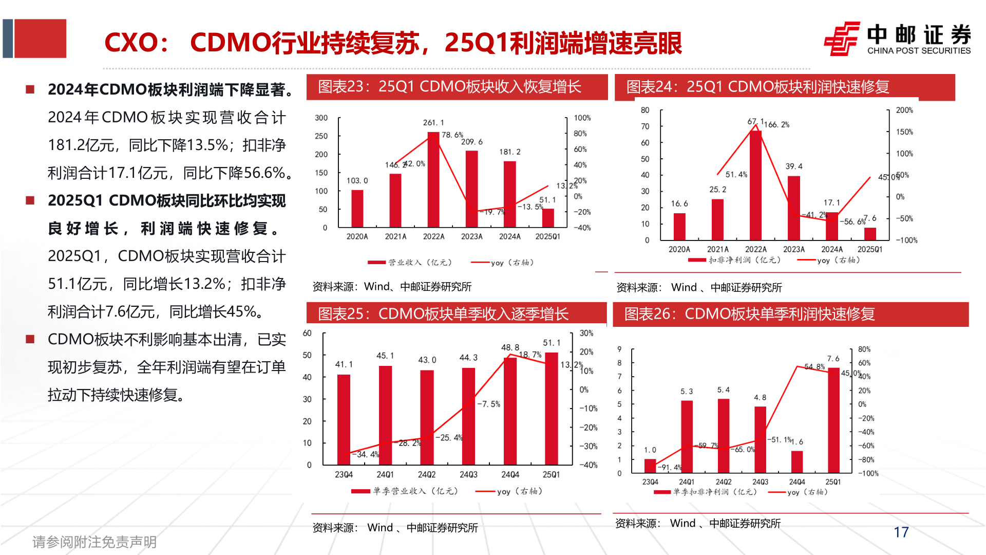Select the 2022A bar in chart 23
pyautogui.click(x=433, y=180)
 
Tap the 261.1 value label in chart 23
pyautogui.click(x=433, y=123)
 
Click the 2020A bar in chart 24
pyautogui.click(x=679, y=227)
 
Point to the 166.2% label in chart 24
pyautogui.click(x=776, y=125)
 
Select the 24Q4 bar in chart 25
pyautogui.click(x=510, y=411)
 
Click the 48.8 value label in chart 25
pyautogui.click(x=510, y=347)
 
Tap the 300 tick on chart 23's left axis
pyautogui.click(x=321, y=118)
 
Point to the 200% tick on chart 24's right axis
pyautogui.click(x=904, y=110)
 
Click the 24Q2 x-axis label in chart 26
pyautogui.click(x=724, y=482)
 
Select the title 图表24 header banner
pyautogui.click(x=784, y=87)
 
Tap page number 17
pyautogui.click(x=901, y=532)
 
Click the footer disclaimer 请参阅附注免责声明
pyautogui.click(x=94, y=542)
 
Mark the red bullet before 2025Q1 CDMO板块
pyautogui.click(x=30, y=200)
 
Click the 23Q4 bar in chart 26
pyautogui.click(x=650, y=466)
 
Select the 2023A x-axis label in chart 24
pyautogui.click(x=793, y=249)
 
